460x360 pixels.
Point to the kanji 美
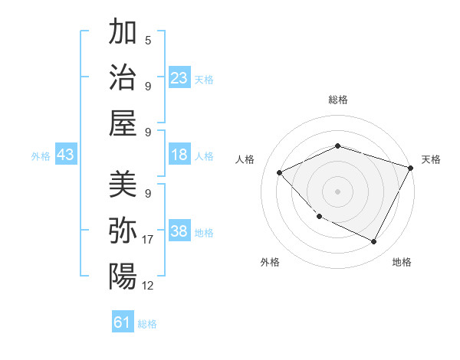(x=123, y=184)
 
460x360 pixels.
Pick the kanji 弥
(x=123, y=230)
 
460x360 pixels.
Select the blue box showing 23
(x=179, y=77)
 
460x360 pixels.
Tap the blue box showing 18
(x=179, y=155)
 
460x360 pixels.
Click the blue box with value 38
(x=179, y=231)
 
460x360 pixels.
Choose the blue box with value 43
(x=65, y=155)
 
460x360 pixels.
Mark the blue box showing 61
(x=123, y=322)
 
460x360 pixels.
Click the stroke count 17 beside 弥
(x=149, y=240)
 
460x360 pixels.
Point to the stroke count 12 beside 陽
(x=149, y=286)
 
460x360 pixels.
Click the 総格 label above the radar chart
(x=337, y=100)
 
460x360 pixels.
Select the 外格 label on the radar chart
(x=270, y=262)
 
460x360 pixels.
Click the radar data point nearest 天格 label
(x=411, y=167)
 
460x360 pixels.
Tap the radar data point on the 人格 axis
(x=279, y=172)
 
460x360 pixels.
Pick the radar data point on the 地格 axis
(x=373, y=241)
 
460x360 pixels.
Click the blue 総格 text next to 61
(x=147, y=324)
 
